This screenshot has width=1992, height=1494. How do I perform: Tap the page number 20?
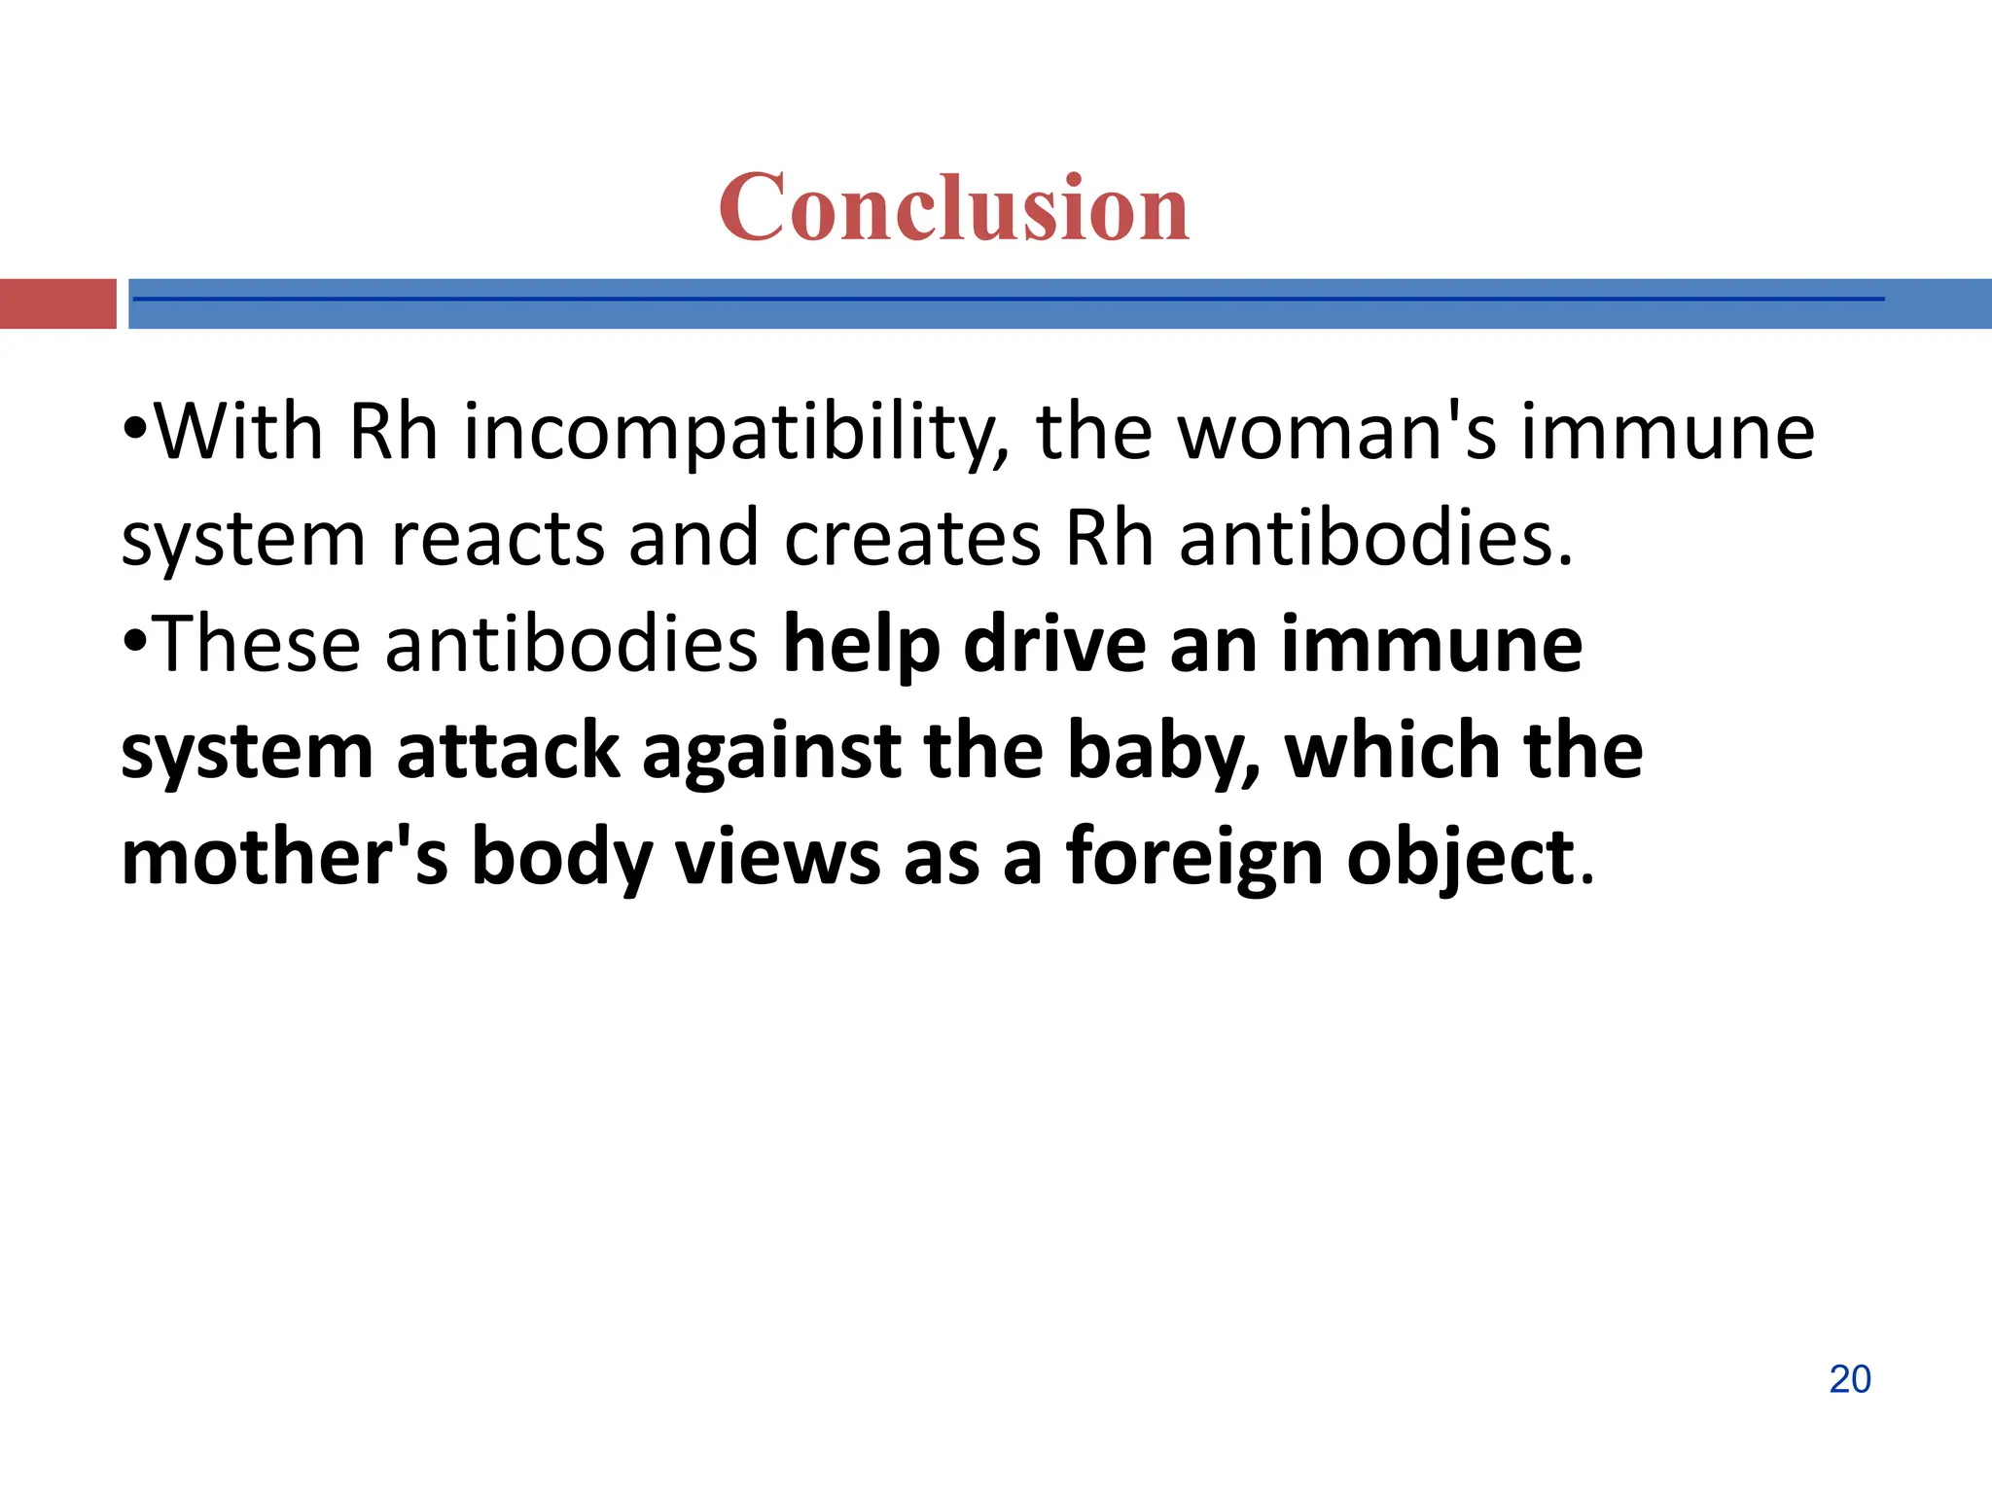tap(1849, 1379)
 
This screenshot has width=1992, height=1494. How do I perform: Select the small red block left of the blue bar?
tap(57, 303)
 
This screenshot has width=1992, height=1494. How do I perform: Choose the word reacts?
tap(498, 539)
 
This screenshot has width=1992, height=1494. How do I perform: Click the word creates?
tap(911, 539)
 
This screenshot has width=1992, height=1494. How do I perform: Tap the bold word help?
tap(862, 645)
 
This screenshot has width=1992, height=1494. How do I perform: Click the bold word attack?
tap(508, 751)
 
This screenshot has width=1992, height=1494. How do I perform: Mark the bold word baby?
tap(1162, 751)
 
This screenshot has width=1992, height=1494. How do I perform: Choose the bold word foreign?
tap(1194, 857)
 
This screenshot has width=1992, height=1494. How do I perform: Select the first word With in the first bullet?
tap(239, 433)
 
